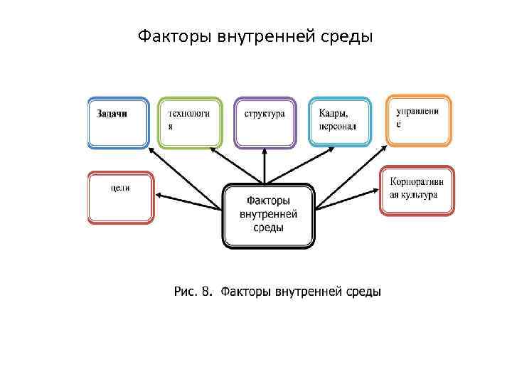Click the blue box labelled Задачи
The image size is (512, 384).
118,122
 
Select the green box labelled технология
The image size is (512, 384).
189,122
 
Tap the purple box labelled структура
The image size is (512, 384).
265,122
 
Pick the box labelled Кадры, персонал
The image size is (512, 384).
340,122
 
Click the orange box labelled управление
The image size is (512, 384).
419,120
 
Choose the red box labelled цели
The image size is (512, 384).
120,198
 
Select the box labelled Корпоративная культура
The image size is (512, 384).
417,190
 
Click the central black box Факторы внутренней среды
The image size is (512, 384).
269,216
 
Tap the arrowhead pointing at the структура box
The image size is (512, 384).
265,151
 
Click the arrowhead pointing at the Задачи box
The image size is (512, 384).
150,150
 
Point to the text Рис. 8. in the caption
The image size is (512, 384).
193,292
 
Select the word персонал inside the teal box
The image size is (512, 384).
338,126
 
